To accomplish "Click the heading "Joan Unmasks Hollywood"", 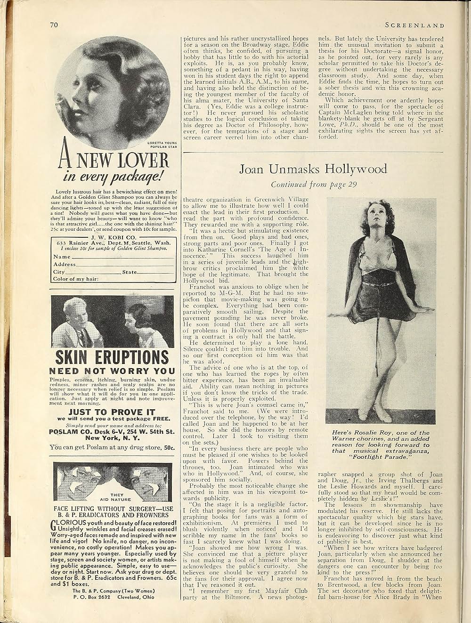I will click(313, 169).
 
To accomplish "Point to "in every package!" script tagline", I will click(113, 177).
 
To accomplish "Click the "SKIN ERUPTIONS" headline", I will click(112, 357).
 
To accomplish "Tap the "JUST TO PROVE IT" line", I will click(112, 412).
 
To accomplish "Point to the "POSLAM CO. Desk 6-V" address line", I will click(112, 431).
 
